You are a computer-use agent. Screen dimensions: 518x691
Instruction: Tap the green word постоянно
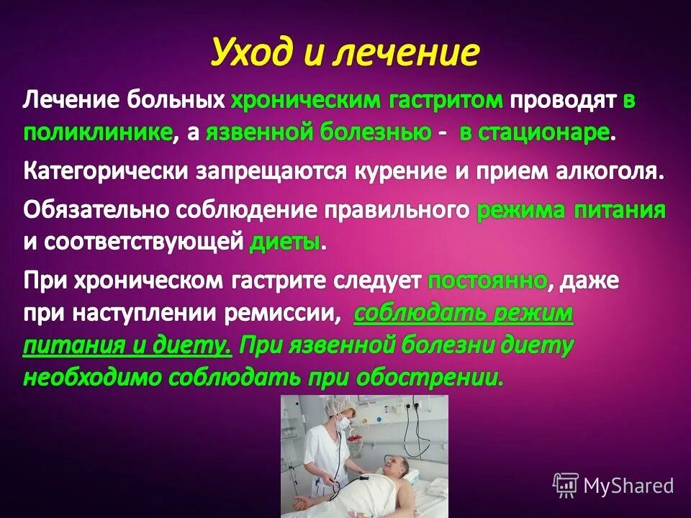pos(487,281)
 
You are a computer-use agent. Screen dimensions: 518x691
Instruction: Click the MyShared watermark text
pos(628,486)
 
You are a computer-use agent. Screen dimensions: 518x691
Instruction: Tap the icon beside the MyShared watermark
pos(565,486)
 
